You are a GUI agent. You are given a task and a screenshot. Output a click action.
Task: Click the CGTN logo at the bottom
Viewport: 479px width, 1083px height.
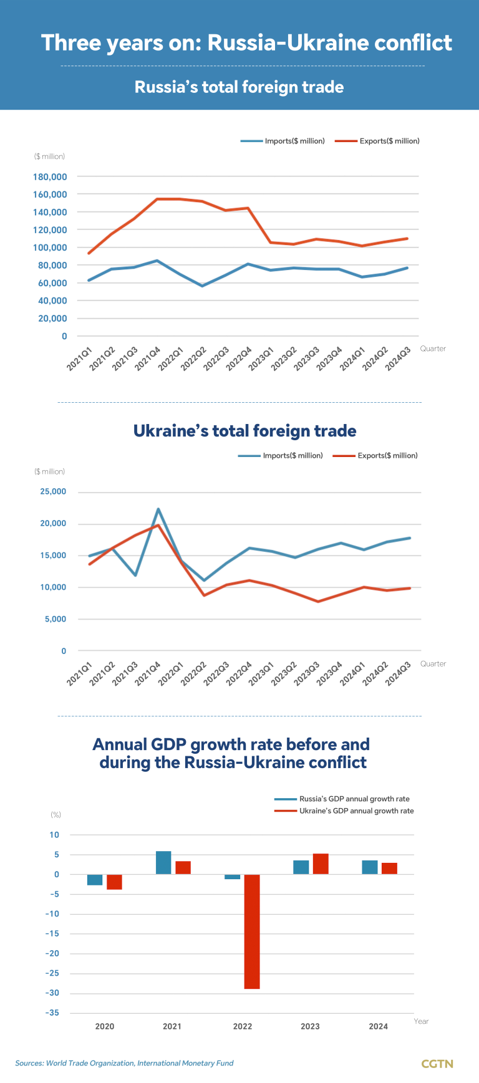tap(437, 1064)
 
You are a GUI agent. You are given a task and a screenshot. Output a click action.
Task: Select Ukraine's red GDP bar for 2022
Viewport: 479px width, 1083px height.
tap(251, 931)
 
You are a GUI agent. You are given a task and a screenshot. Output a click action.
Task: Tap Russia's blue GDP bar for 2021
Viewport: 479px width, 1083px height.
tap(163, 863)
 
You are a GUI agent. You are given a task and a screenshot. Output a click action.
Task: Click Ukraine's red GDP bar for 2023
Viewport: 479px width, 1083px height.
tap(321, 864)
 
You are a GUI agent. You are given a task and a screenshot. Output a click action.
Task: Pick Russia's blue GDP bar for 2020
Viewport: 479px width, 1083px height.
tap(95, 880)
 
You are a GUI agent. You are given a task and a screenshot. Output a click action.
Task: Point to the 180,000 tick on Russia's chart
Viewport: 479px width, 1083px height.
tap(50, 177)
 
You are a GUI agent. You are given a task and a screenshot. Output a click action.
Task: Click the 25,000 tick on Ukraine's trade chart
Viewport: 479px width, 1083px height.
tap(53, 492)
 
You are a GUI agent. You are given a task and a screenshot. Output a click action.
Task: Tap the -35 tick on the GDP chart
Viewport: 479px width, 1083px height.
tap(52, 1013)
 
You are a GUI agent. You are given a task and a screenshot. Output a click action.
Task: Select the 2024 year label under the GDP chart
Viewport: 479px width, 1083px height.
tap(378, 1027)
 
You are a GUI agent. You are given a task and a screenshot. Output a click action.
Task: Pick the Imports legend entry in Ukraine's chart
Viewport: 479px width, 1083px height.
tap(281, 456)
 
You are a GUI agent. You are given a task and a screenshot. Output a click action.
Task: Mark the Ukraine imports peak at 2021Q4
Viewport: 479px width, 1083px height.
tap(158, 509)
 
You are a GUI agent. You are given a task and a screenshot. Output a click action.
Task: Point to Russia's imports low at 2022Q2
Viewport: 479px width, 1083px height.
tap(202, 286)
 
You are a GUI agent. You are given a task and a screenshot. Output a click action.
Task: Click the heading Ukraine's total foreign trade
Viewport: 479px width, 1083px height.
tap(245, 431)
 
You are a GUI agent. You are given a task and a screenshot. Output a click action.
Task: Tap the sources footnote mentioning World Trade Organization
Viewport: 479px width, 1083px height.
tap(124, 1063)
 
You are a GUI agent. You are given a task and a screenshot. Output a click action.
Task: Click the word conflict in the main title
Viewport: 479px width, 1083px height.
tap(412, 43)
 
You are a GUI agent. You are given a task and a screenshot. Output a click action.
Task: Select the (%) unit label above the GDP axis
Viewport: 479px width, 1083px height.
tap(56, 815)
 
